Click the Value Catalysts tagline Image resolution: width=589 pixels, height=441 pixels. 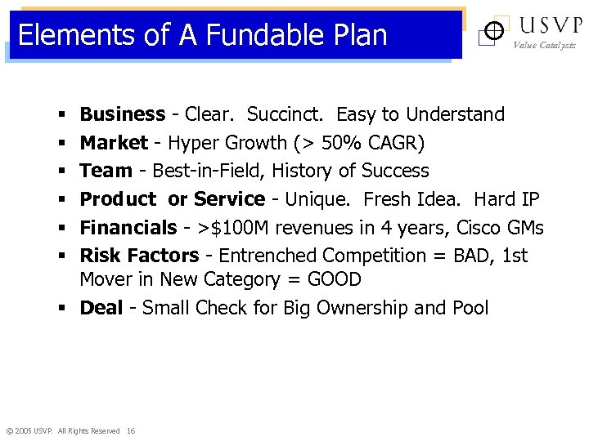(544, 46)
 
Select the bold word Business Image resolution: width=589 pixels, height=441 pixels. (122, 114)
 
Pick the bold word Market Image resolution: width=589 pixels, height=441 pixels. (114, 143)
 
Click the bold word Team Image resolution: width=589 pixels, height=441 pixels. (106, 171)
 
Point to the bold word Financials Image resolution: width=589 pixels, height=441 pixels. (128, 228)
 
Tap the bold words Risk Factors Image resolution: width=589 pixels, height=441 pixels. (139, 256)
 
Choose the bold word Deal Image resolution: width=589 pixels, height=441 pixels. (101, 308)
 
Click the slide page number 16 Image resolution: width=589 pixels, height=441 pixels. (131, 430)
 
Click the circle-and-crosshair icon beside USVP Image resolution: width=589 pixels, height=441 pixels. (492, 32)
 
